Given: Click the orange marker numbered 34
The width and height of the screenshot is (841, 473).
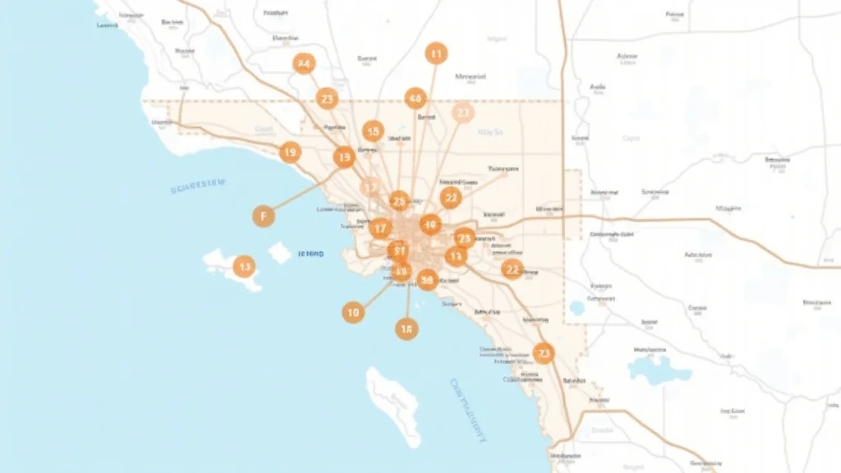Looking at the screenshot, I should click(x=305, y=63).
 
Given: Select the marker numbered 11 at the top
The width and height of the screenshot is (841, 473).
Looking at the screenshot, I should click(x=436, y=54).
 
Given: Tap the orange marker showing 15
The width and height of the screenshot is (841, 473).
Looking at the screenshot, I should click(x=374, y=131).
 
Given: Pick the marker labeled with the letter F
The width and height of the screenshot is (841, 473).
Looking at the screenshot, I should click(x=263, y=216).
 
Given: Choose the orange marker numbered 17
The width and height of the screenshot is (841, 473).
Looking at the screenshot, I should click(x=379, y=228).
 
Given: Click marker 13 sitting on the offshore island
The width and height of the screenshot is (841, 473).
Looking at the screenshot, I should click(x=243, y=266).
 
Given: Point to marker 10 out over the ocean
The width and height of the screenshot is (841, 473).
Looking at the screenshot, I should click(x=353, y=312).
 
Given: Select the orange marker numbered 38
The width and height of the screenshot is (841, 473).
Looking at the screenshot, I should click(x=427, y=280).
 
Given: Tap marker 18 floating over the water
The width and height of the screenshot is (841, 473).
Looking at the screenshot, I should click(x=406, y=329).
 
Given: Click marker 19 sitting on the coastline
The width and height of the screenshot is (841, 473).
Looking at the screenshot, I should click(x=289, y=152).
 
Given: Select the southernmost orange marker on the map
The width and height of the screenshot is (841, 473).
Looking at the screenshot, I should click(x=543, y=353).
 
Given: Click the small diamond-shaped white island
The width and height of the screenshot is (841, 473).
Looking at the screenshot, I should click(x=280, y=253).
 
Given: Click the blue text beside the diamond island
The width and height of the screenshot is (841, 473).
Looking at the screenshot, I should click(x=310, y=255).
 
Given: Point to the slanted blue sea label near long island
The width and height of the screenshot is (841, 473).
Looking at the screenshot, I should click(x=469, y=410).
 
